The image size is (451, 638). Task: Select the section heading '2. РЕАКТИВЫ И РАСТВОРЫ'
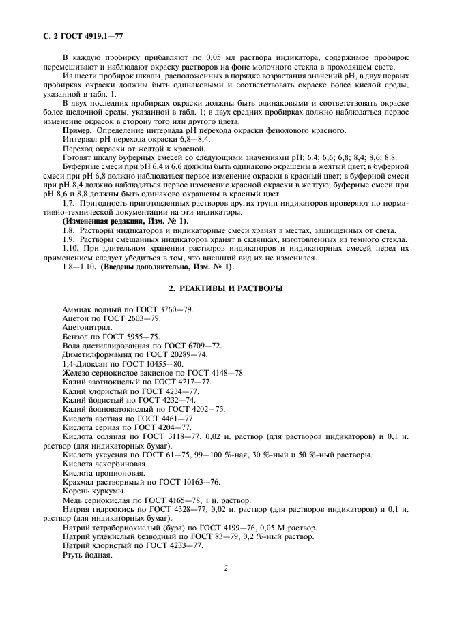(x=225, y=288)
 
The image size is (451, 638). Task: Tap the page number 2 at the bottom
(x=225, y=567)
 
